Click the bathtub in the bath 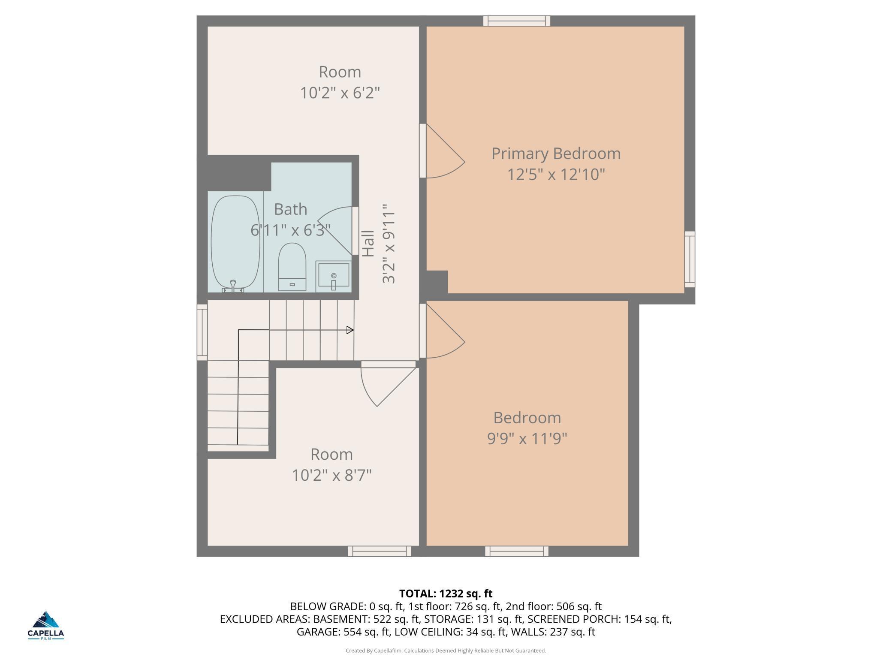[x=235, y=243]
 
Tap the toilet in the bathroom [x=292, y=267]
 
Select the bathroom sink [x=334, y=276]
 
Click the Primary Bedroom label [x=556, y=154]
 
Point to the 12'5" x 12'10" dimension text [x=556, y=175]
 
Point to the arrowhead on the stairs [x=350, y=330]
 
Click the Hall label [x=368, y=244]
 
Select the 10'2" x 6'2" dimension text [x=340, y=93]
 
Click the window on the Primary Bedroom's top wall [x=517, y=21]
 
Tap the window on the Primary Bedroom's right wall [x=690, y=259]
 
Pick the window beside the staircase [x=202, y=332]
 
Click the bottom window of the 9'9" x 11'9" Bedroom [x=517, y=551]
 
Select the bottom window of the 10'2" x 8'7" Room [x=380, y=551]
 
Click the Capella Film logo [x=46, y=626]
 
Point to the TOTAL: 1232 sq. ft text [x=446, y=594]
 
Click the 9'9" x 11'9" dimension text [x=527, y=439]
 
